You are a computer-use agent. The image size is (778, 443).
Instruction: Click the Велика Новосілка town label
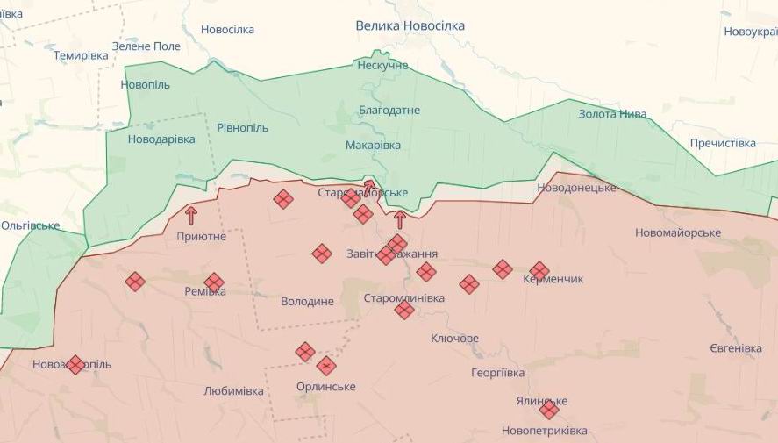pos(410,26)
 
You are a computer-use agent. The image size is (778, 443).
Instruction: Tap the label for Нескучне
pos(382,66)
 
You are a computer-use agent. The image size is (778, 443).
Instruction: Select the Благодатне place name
pos(389,111)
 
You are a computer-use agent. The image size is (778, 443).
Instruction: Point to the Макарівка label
pos(373,146)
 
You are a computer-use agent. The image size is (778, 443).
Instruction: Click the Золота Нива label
pos(612,114)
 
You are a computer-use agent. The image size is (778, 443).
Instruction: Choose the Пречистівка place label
pos(722,143)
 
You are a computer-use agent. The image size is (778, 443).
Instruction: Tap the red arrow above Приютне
pos(191,215)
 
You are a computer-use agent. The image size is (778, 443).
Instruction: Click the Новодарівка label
pos(161,139)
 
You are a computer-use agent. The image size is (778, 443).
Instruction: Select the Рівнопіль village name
pos(242,128)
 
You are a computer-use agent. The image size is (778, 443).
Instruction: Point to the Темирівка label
pos(81,55)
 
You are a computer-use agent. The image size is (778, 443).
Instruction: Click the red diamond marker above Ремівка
pos(214,282)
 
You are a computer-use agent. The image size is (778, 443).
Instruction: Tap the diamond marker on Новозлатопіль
pos(75,364)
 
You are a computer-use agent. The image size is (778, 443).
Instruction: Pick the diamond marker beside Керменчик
pos(539,270)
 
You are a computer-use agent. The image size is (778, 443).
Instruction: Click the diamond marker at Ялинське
pos(549,409)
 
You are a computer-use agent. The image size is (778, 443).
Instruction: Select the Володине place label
pos(307,302)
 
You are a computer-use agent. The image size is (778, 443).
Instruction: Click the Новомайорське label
pos(678,232)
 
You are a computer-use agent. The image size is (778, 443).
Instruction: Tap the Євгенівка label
pos(735,348)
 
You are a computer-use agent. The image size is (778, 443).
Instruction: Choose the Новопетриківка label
pos(544,431)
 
